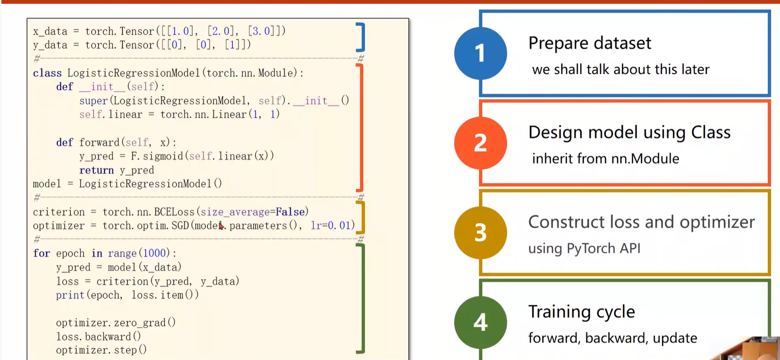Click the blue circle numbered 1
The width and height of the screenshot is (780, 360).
point(480,53)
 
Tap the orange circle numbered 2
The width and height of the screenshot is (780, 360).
point(480,143)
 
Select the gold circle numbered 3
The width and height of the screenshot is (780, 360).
point(480,232)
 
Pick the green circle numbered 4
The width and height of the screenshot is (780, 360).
point(480,322)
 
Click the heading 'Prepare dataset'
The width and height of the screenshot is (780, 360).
point(589,43)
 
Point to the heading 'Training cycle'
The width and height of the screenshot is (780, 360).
point(581,312)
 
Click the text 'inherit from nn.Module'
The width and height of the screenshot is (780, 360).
point(605,159)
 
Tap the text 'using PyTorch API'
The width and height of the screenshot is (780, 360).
point(584,249)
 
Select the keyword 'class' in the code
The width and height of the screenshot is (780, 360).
point(47,73)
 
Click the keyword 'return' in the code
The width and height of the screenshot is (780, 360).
point(96,171)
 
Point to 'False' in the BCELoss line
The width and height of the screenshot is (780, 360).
point(290,212)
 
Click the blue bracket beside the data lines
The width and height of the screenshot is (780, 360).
point(361,37)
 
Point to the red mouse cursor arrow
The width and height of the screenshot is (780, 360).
point(221,226)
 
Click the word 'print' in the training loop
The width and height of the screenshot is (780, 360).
point(70,295)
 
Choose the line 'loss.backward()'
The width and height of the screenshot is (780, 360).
point(98,337)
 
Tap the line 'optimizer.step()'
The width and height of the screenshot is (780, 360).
point(101,350)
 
